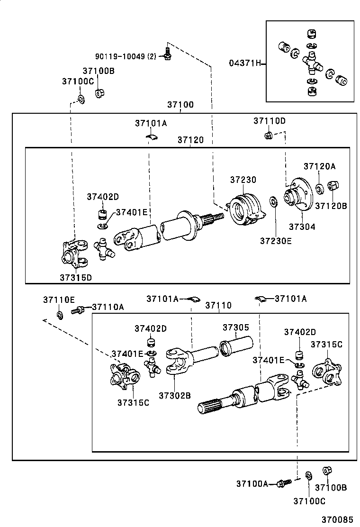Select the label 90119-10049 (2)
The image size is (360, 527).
pyautogui.click(x=125, y=56)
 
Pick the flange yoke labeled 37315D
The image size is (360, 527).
pyautogui.click(x=73, y=254)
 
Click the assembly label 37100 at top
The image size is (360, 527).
pyautogui.click(x=180, y=105)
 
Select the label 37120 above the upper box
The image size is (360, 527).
pyautogui.click(x=190, y=140)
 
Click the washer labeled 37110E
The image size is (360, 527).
pyautogui.click(x=60, y=315)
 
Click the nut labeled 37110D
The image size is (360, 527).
pyautogui.click(x=267, y=136)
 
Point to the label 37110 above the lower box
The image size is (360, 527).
pyautogui.click(x=218, y=306)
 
